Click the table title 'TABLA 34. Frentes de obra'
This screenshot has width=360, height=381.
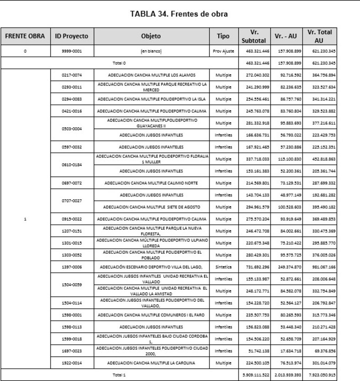(x=179, y=14)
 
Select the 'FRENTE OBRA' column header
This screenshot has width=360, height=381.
(x=25, y=36)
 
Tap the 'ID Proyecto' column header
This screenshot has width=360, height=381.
(x=71, y=36)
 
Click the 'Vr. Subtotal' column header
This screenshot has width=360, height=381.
(x=254, y=36)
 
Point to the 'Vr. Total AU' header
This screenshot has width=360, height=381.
(x=319, y=36)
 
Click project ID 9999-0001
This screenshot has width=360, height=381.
(x=72, y=51)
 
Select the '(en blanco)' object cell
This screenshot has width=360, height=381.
(x=151, y=51)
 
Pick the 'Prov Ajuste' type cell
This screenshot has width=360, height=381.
(x=224, y=51)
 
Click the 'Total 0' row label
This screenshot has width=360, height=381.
(x=119, y=63)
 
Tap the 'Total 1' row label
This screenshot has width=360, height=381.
(x=119, y=375)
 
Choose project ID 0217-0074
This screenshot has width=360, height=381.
(x=72, y=75)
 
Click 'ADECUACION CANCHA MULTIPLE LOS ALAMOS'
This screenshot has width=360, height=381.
(x=152, y=75)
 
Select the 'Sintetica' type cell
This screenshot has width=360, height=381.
(x=224, y=267)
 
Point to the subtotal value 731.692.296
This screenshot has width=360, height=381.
(x=257, y=267)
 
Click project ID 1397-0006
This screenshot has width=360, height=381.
(x=72, y=267)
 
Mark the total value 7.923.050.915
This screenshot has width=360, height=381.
(x=323, y=375)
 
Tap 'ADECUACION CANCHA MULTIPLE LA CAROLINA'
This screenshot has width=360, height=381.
(x=151, y=363)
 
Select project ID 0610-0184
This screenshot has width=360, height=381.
(x=72, y=165)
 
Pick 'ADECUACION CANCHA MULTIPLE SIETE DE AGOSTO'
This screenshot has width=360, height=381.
(x=152, y=207)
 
